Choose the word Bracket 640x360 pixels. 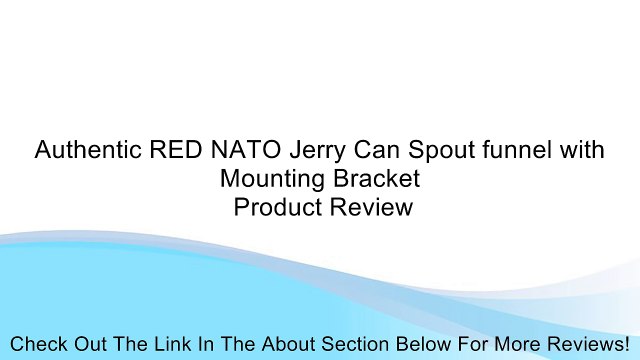tap(370, 180)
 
